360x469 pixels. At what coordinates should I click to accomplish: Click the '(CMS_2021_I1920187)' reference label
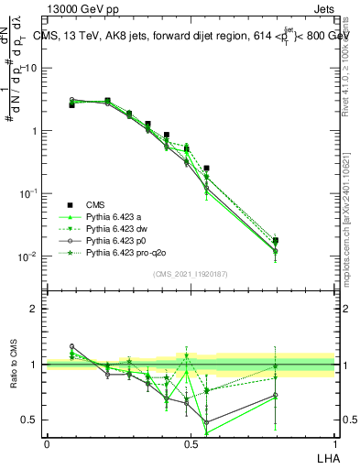coord(191,272)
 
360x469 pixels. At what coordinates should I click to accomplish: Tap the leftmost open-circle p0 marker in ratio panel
coord(71,347)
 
